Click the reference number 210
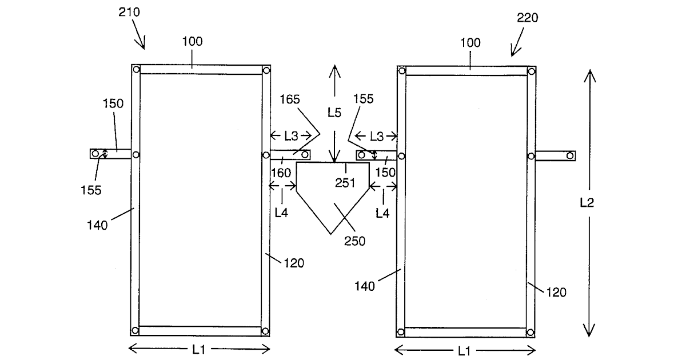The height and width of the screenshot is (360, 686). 129,12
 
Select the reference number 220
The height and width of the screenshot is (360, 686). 527,18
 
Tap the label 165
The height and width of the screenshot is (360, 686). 290,99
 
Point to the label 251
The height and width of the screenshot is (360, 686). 345,183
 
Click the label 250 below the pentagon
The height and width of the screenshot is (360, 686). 354,241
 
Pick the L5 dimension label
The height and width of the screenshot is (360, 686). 334,113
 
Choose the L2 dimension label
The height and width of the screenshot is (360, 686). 587,203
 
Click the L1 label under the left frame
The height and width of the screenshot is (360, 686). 199,349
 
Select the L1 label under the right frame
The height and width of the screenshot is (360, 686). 464,351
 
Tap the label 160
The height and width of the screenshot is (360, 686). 281,173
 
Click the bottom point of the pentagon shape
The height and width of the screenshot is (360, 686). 331,234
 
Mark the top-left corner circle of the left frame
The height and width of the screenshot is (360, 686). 137,70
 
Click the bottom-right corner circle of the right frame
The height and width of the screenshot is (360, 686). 531,333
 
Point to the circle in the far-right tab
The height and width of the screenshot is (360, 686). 570,156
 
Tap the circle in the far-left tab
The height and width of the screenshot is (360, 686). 95,153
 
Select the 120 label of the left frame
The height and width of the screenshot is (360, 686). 294,263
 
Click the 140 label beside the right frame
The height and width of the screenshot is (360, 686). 365,286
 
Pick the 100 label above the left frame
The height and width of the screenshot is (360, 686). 192,42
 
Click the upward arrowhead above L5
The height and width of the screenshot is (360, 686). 335,69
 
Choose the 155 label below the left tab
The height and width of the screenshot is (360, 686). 91,190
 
